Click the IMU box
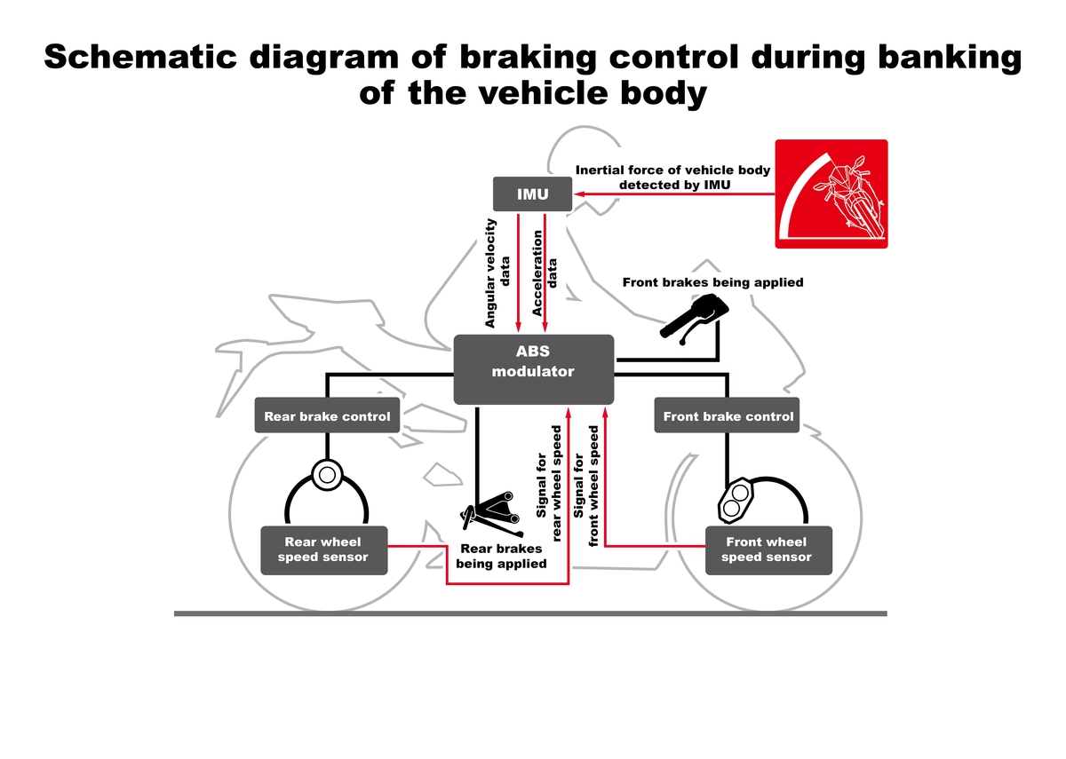(x=532, y=194)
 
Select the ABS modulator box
(x=533, y=369)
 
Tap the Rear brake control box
(x=327, y=415)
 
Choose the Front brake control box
(x=728, y=415)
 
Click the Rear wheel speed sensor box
(x=322, y=549)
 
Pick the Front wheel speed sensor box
(x=767, y=549)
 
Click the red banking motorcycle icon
(x=831, y=194)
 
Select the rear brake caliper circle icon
(x=326, y=475)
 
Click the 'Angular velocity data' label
(x=498, y=273)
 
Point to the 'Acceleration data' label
(x=545, y=273)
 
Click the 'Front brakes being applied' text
(x=712, y=282)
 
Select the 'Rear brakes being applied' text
(x=501, y=556)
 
